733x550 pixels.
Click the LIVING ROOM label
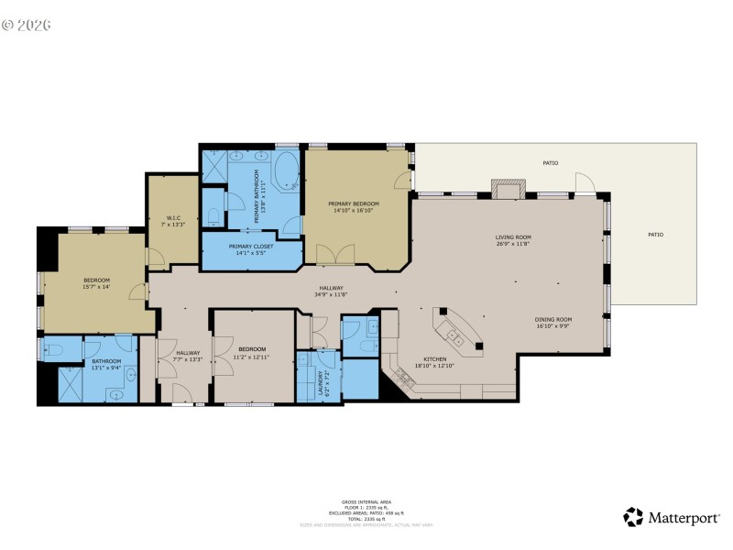513,237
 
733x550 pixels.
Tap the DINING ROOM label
553,319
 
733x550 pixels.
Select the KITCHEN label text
434,358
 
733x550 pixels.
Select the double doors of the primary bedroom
332,253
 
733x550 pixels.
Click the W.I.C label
172,217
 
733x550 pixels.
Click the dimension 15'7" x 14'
97,287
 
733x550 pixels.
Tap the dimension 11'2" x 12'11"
252,356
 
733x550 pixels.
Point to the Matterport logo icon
633,517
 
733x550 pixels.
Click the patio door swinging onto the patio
585,186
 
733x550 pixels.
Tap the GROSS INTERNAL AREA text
366,502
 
